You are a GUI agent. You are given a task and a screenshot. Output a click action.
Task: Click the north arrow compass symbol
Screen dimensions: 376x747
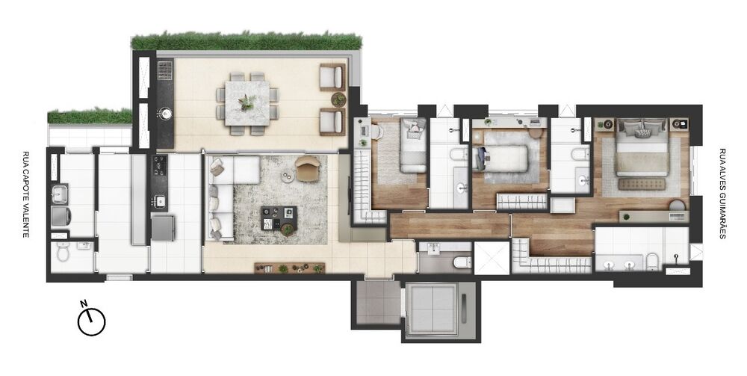[x=91, y=321]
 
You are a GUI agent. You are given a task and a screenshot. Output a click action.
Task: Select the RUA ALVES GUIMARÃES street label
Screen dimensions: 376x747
[x=722, y=193]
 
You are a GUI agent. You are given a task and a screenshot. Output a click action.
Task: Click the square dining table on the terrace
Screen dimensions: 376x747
[x=247, y=104]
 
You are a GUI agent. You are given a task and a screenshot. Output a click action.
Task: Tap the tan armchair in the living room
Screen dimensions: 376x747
[x=308, y=168]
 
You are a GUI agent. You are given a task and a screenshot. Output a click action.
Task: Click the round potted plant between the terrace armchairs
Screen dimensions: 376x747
[x=338, y=99]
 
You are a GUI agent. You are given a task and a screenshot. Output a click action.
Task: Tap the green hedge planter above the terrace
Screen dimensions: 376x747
[x=247, y=40]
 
